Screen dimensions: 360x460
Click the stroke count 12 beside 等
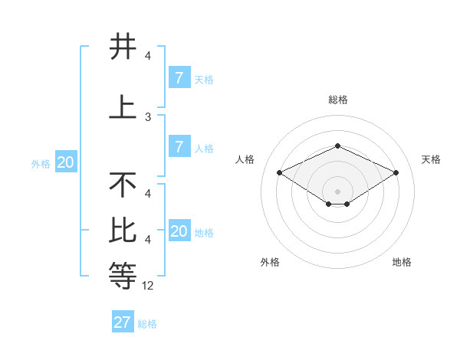(148, 286)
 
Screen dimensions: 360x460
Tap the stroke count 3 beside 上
(148, 117)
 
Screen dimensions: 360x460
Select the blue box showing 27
(123, 322)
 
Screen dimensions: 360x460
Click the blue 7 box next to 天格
(179, 77)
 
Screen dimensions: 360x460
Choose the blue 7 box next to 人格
(179, 146)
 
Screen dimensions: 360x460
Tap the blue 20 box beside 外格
(66, 162)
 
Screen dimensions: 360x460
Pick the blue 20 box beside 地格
(179, 231)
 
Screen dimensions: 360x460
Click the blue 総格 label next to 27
(147, 324)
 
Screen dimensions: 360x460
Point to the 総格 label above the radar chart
(338, 100)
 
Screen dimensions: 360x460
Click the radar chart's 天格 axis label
(431, 159)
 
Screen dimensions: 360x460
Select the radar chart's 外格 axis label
(270, 262)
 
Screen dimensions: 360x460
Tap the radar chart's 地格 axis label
(402, 262)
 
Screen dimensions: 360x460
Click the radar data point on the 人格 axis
(279, 172)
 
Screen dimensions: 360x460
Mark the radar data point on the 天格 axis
(396, 172)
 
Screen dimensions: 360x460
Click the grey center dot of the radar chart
(338, 191)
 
